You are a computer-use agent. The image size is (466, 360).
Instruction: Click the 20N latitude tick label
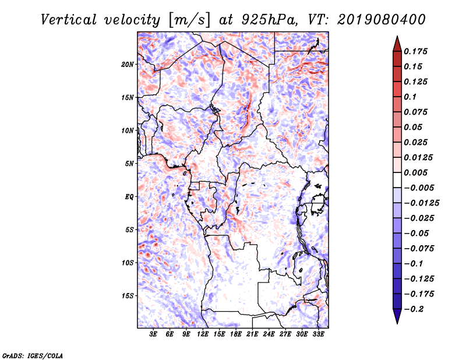click(128, 64)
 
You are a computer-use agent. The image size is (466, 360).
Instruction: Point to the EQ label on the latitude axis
click(129, 197)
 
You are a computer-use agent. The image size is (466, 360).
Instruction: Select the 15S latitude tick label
click(128, 296)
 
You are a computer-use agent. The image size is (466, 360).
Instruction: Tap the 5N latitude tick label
click(129, 164)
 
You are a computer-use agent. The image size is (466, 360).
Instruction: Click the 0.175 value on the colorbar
click(417, 51)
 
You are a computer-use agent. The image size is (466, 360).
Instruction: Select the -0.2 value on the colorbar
click(415, 309)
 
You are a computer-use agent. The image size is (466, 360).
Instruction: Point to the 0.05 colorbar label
click(415, 127)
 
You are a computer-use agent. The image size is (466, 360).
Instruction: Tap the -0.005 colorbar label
click(419, 188)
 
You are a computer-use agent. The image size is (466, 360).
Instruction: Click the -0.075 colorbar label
click(419, 248)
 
